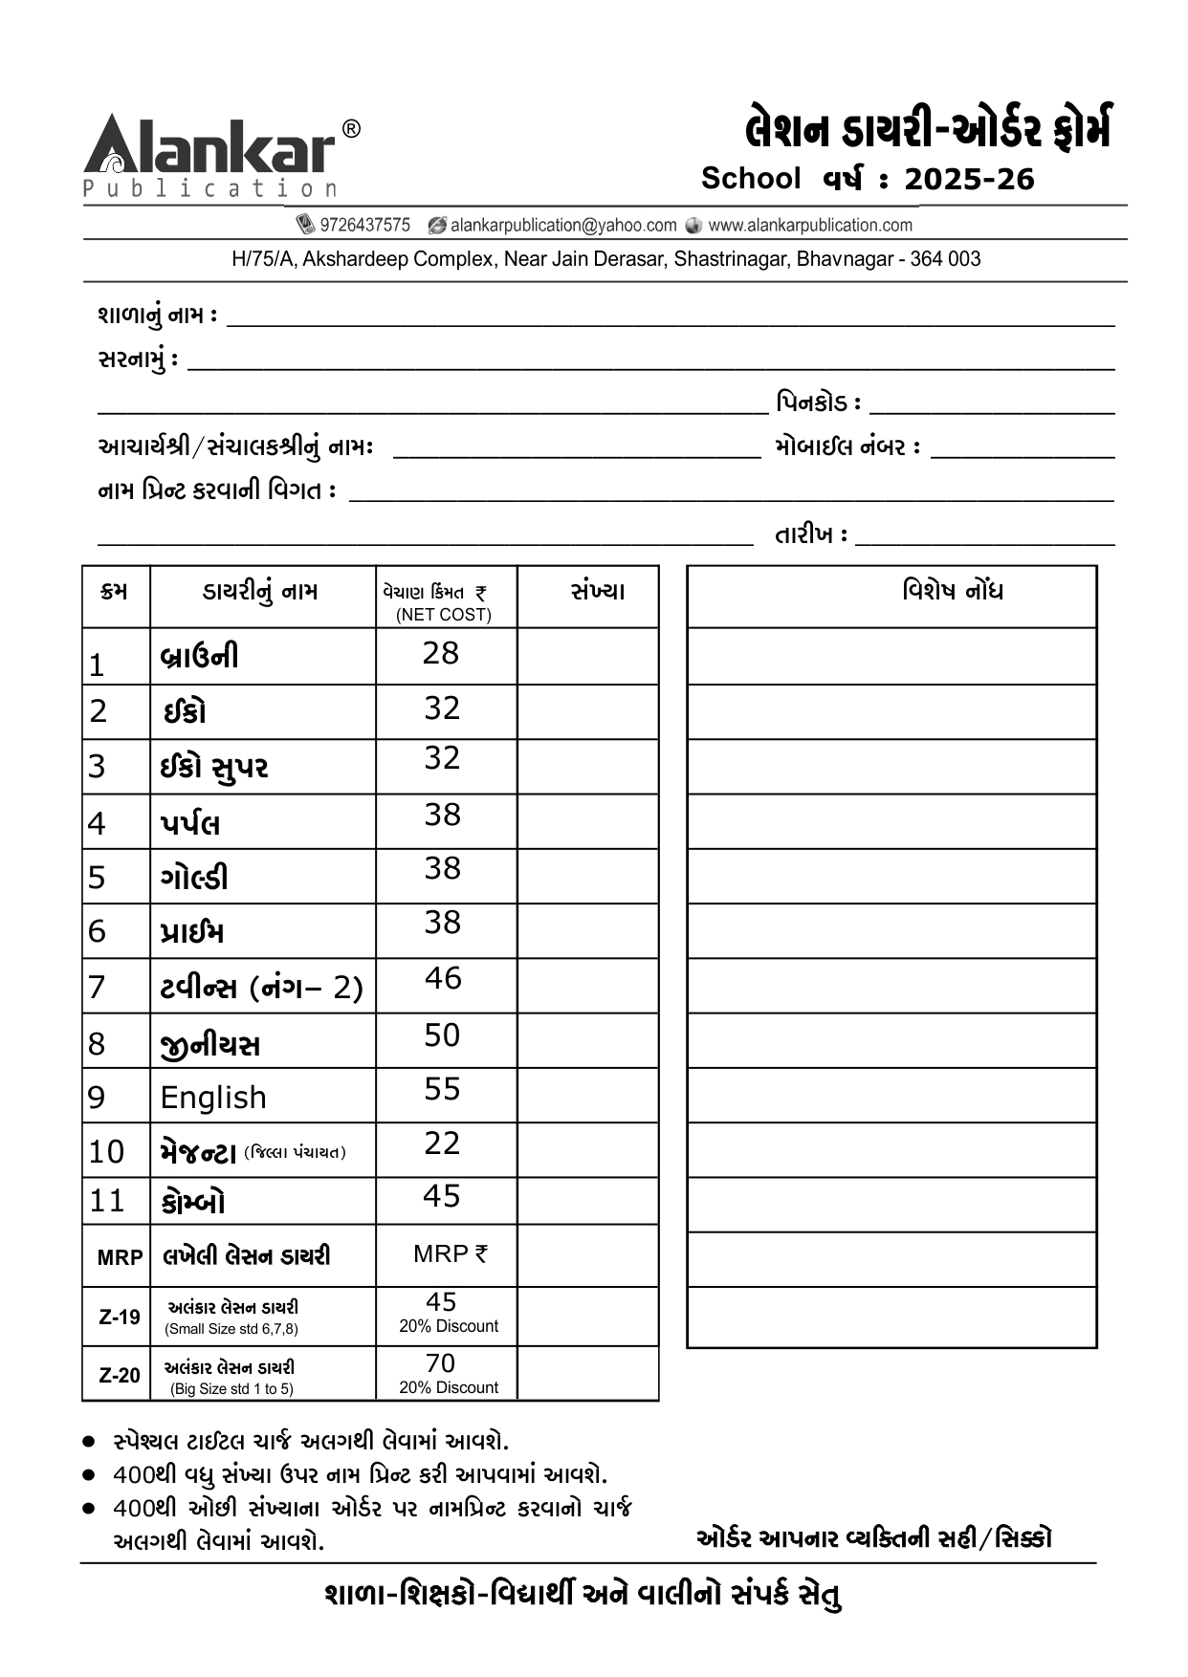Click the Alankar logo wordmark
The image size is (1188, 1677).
(210, 148)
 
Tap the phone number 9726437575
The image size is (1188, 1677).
(364, 226)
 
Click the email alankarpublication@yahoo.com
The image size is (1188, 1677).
(563, 226)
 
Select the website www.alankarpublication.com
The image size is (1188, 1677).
(810, 226)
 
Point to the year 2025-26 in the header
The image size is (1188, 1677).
(969, 179)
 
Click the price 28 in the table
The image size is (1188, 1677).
(441, 653)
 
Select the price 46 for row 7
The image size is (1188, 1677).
(443, 978)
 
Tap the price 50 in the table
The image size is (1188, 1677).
(442, 1035)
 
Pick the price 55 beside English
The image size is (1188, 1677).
(442, 1089)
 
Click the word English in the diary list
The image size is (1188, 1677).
(213, 1098)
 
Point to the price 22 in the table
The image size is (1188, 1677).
(442, 1143)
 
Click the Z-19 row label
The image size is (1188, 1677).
(120, 1318)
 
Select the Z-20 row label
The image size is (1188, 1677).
(120, 1376)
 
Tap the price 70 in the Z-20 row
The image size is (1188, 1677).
(440, 1363)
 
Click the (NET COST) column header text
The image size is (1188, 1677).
(444, 615)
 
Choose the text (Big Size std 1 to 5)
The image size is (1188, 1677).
(231, 1389)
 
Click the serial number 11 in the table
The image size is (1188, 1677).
(107, 1201)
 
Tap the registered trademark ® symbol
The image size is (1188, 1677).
(351, 129)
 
